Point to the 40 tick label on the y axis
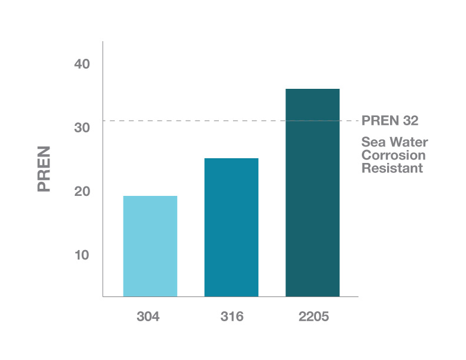pos(82,64)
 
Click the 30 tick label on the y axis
pos(82,128)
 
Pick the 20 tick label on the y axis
pos(82,191)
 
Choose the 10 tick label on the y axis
pos(82,255)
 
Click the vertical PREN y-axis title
pos(44,168)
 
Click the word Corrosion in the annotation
pos(393,155)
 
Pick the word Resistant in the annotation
pos(392,168)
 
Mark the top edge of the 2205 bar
pos(312,89)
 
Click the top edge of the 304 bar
pos(150,196)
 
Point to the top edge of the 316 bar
pos(231,159)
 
